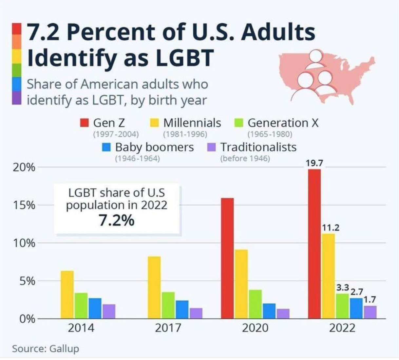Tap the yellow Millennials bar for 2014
(x=67, y=294)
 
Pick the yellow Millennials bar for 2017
(x=154, y=287)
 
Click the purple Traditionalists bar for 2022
(x=370, y=312)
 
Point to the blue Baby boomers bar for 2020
(x=269, y=311)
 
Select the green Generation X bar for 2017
(x=168, y=305)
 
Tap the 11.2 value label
(x=330, y=227)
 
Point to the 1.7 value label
(x=370, y=299)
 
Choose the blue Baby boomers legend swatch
(x=106, y=147)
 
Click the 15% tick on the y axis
(x=24, y=205)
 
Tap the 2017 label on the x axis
(x=168, y=328)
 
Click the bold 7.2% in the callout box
(x=117, y=221)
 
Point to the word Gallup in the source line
(x=64, y=348)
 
